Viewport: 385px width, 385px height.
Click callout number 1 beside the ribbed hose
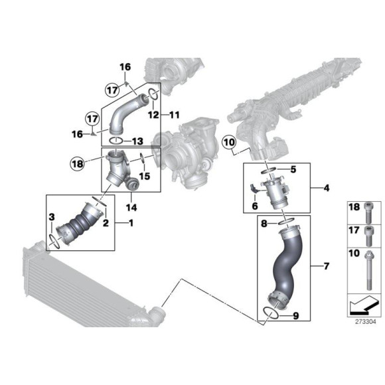[x=130, y=222]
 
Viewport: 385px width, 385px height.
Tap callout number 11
[x=175, y=114]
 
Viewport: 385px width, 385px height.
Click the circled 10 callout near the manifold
[x=229, y=141]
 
